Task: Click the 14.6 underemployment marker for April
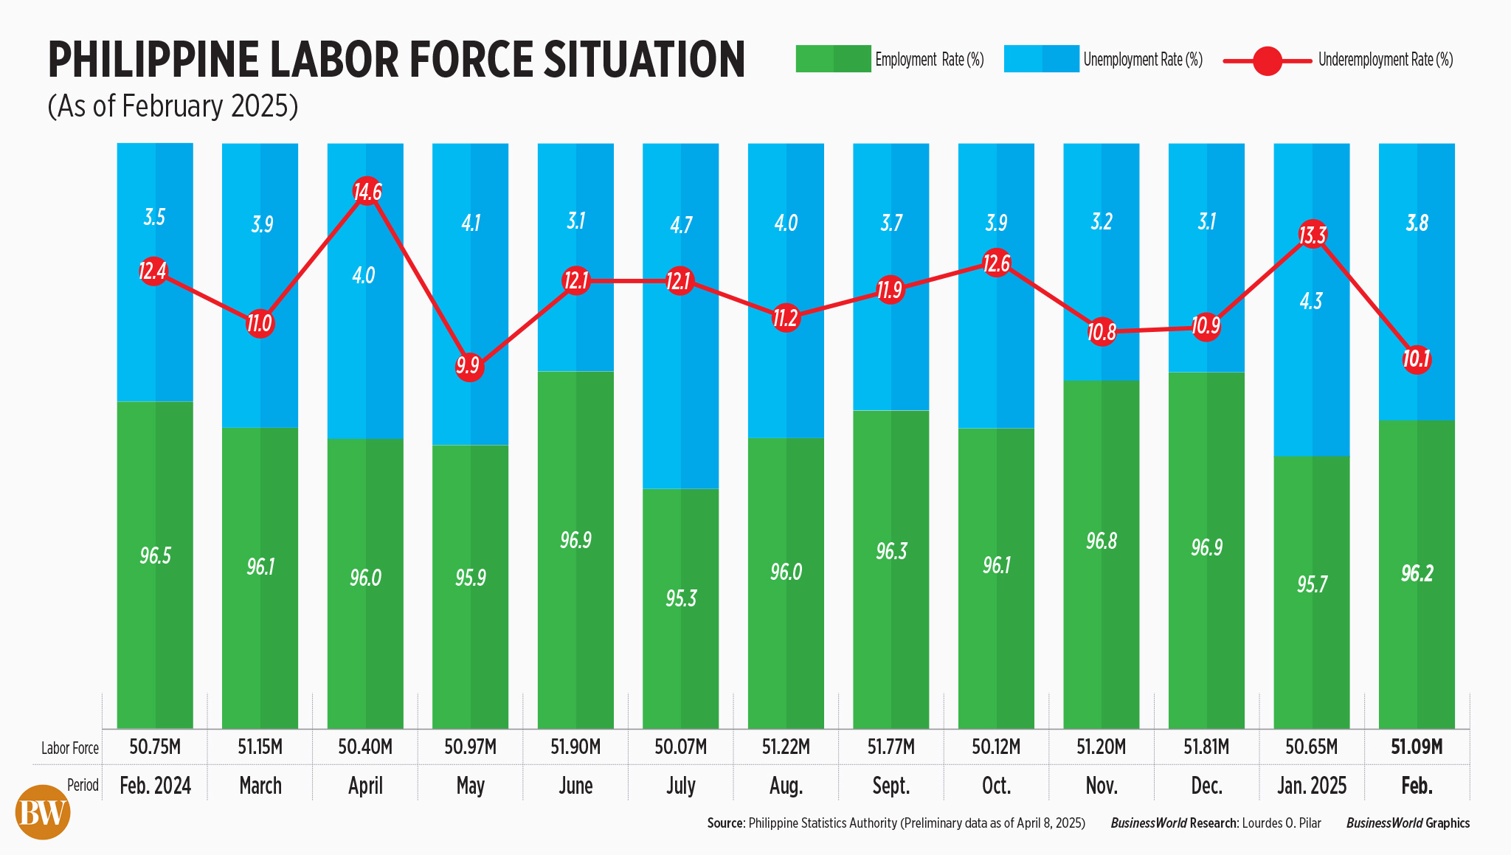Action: click(367, 192)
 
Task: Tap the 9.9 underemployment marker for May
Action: click(468, 365)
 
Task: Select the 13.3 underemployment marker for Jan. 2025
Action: click(1312, 235)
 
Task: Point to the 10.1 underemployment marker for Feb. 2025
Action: click(1417, 359)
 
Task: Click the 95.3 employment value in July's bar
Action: click(680, 598)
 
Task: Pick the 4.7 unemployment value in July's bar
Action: click(681, 224)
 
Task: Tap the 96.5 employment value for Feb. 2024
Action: click(155, 555)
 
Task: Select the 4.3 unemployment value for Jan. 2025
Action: click(1311, 301)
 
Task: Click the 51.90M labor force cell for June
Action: click(575, 747)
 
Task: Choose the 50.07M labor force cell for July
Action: click(680, 747)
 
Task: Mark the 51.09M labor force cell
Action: click(1417, 747)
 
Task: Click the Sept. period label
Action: click(891, 786)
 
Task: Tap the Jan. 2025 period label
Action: click(1312, 786)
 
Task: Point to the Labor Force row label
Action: click(70, 748)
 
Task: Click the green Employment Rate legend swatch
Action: click(833, 59)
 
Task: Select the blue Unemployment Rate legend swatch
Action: click(1041, 59)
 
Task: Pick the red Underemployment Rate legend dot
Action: click(1268, 60)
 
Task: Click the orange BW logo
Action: click(43, 812)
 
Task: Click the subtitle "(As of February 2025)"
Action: click(173, 106)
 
